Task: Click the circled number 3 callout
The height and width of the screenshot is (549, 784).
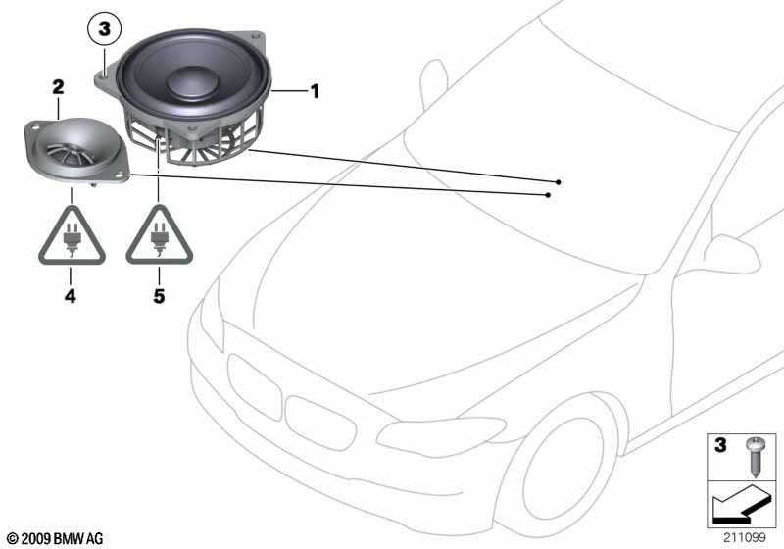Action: click(104, 28)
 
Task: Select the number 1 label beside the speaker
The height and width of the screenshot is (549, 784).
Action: click(315, 91)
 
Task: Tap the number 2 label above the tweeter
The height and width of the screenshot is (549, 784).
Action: click(58, 87)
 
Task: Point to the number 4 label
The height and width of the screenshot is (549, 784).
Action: click(70, 296)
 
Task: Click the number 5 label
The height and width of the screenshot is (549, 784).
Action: click(159, 296)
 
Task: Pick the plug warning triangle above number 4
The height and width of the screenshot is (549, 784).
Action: click(72, 236)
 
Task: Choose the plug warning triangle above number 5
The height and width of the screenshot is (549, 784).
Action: click(159, 236)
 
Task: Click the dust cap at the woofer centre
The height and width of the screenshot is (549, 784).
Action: click(192, 82)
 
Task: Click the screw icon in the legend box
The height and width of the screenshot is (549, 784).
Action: click(754, 457)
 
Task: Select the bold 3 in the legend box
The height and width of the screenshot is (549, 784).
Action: click(720, 445)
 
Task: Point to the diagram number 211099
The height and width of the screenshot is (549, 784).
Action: click(744, 537)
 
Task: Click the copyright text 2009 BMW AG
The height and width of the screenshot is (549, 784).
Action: click(55, 538)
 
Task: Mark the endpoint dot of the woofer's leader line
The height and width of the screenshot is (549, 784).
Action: click(559, 182)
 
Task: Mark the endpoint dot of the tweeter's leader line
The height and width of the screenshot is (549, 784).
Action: click(549, 195)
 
